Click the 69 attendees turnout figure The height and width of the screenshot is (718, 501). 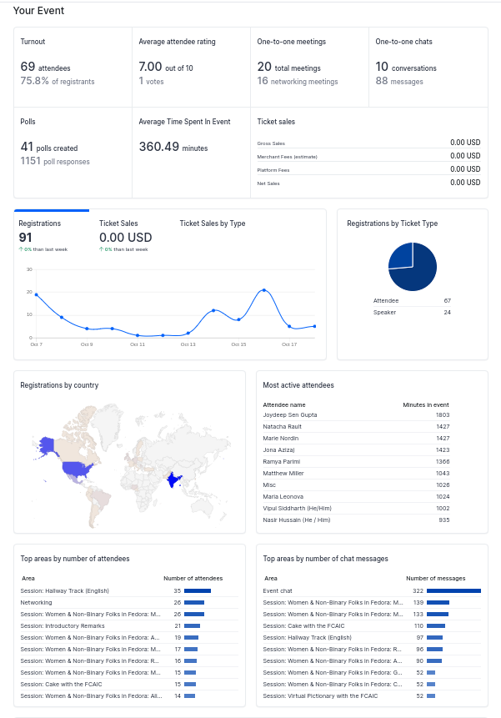[45, 67]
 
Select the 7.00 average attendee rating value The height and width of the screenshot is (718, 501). [151, 67]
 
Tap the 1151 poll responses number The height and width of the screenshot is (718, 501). [30, 161]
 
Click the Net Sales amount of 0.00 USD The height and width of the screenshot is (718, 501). [465, 183]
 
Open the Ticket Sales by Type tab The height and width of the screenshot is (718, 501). [213, 223]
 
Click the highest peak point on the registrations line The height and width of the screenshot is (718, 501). [264, 290]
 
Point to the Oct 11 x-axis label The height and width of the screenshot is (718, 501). [138, 344]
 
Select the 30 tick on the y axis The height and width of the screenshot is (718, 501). [29, 269]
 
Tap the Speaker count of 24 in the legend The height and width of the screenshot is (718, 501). [447, 312]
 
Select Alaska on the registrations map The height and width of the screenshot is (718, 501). [47, 445]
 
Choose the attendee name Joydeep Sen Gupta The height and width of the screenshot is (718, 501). [289, 414]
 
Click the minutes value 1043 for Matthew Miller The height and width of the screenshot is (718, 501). [443, 474]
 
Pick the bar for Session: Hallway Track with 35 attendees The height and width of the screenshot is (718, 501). [198, 590]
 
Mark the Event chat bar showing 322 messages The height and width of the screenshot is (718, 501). [453, 590]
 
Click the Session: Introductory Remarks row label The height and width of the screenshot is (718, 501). [63, 626]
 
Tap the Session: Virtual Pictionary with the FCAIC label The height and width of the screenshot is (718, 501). [320, 696]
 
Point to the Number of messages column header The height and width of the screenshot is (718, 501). [436, 579]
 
